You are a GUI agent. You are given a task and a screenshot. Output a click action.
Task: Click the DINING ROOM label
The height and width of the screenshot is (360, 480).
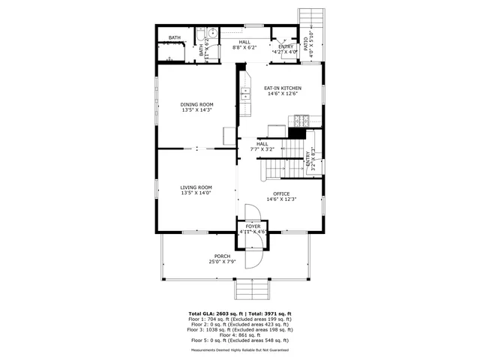197,104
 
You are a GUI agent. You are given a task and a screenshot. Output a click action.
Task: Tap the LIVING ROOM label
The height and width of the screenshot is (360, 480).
196,187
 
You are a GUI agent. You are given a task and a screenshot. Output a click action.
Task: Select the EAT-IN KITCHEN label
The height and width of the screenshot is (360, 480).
282,88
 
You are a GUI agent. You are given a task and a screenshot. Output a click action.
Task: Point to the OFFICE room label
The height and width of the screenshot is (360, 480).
281,193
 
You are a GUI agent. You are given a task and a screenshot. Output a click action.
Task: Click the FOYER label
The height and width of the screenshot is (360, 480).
253,226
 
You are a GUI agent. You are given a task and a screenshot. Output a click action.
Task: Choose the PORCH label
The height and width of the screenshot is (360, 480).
221,256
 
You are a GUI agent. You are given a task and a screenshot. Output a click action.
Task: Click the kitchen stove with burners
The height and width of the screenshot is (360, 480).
301,119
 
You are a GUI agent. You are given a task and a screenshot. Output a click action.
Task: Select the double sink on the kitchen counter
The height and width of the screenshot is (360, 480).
245,95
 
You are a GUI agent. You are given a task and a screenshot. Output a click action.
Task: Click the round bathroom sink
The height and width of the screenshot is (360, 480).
213,33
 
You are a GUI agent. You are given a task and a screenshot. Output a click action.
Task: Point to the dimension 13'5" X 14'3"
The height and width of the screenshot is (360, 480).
197,110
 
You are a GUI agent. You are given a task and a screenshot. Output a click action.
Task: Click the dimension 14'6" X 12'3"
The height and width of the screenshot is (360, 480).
281,199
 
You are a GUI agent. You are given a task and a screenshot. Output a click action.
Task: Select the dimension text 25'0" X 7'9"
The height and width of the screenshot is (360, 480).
221,262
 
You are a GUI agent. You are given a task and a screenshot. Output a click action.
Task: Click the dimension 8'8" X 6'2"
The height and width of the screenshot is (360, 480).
244,47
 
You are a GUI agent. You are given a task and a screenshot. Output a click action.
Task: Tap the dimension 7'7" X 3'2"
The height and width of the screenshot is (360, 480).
262,148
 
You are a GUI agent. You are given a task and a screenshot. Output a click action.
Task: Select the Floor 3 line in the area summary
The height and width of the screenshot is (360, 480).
239,329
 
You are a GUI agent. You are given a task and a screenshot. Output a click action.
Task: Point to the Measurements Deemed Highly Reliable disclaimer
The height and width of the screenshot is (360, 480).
239,349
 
